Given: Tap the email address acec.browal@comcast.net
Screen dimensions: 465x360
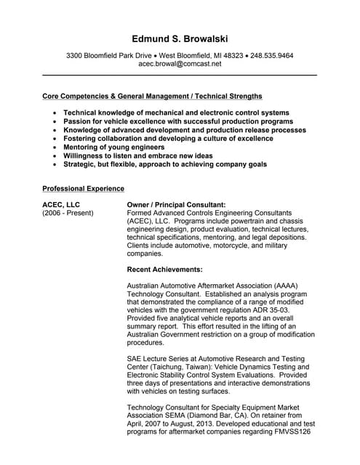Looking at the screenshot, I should (180, 64).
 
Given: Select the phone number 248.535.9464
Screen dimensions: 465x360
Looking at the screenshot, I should (272, 55).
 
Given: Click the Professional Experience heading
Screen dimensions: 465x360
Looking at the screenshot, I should (83, 188).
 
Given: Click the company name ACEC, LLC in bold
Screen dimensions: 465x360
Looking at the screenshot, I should (61, 205).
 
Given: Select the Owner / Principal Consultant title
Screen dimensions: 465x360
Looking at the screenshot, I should (176, 205).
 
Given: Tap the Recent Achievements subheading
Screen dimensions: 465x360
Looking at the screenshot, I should (164, 269).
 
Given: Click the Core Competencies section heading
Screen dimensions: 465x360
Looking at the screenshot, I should (152, 96).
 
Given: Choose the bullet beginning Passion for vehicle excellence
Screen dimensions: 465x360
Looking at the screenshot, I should (178, 121).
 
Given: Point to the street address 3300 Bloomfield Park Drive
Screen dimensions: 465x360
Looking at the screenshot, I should (109, 55).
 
